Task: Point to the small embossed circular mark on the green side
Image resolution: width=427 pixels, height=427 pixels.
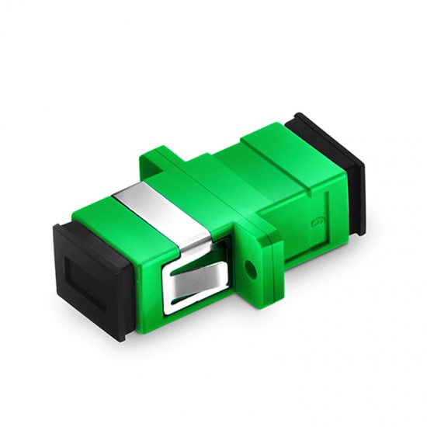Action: [318, 224]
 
